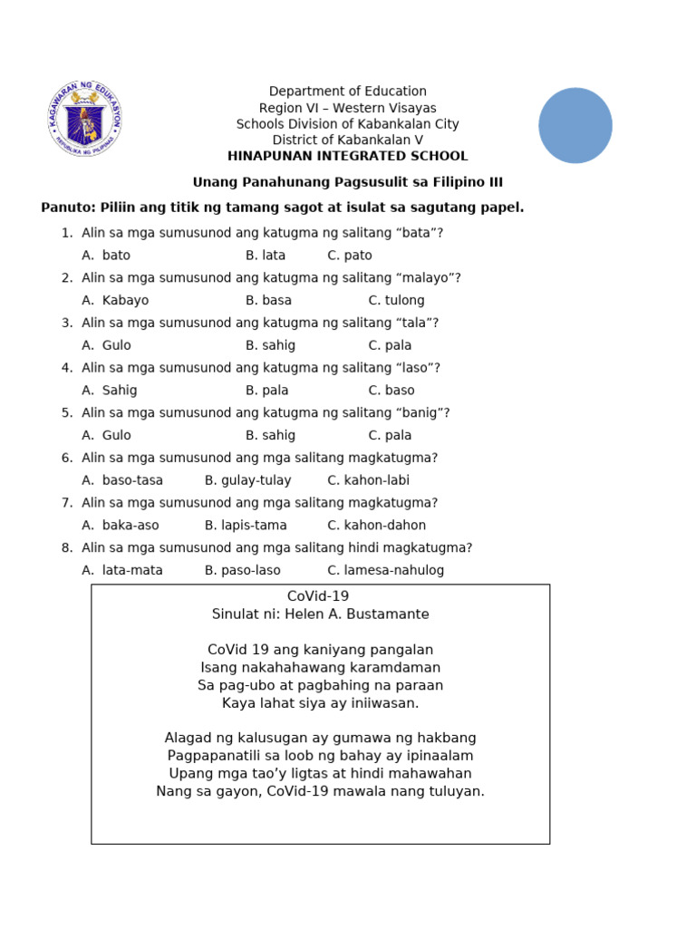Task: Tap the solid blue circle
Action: pyautogui.click(x=575, y=125)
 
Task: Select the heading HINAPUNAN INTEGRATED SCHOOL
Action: pyautogui.click(x=348, y=156)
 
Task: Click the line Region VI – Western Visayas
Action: pyautogui.click(x=348, y=108)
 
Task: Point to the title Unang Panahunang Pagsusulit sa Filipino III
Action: pyautogui.click(x=348, y=182)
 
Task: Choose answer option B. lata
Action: pyautogui.click(x=265, y=256)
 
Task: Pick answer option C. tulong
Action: pyautogui.click(x=396, y=300)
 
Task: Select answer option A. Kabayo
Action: pyautogui.click(x=115, y=300)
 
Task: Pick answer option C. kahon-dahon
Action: pyautogui.click(x=376, y=525)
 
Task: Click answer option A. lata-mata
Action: pyautogui.click(x=122, y=570)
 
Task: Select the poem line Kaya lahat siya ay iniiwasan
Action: pyautogui.click(x=320, y=702)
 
